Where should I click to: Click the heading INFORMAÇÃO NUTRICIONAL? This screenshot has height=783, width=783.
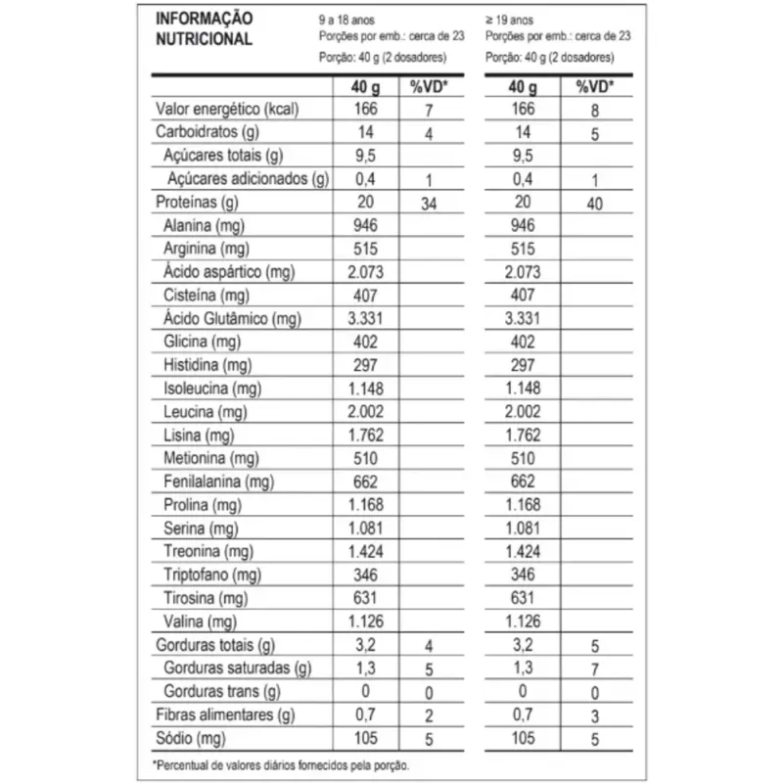pyautogui.click(x=205, y=29)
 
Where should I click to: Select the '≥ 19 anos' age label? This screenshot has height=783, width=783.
pyautogui.click(x=509, y=20)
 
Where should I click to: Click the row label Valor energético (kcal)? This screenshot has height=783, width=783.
pyautogui.click(x=228, y=109)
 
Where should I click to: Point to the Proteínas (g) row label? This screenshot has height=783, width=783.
pyautogui.click(x=198, y=203)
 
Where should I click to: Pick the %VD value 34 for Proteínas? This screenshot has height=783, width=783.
pyautogui.click(x=429, y=204)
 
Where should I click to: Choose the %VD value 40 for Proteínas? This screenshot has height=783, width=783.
pyautogui.click(x=593, y=204)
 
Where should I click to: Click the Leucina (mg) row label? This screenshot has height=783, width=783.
pyautogui.click(x=206, y=412)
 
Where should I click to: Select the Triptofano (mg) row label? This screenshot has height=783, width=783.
pyautogui.click(x=212, y=576)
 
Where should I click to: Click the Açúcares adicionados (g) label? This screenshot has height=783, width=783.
pyautogui.click(x=249, y=179)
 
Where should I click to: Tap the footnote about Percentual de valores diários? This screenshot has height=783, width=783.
pyautogui.click(x=281, y=765)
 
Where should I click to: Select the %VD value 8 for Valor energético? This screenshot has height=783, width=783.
pyautogui.click(x=593, y=111)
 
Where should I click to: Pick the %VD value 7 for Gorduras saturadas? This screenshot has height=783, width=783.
pyautogui.click(x=593, y=670)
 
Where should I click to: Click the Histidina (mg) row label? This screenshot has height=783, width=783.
pyautogui.click(x=207, y=366)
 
